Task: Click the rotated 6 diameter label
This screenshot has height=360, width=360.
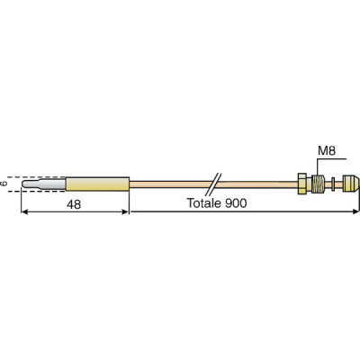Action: (6, 184)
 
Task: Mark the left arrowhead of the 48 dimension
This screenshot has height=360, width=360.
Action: (24, 213)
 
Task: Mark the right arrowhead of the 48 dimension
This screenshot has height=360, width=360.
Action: (126, 213)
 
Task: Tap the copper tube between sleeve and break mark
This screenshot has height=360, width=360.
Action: (171, 184)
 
